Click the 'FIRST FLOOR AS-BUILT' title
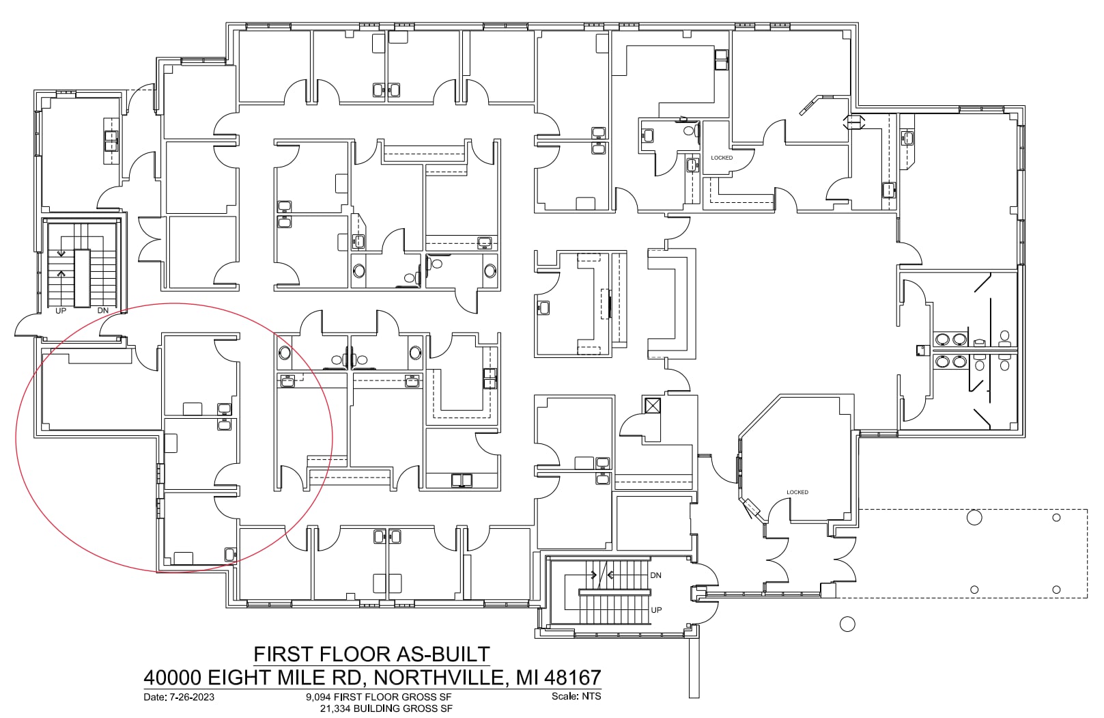[x=371, y=654]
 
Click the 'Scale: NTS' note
[x=576, y=696]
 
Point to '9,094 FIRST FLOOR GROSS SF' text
[x=378, y=698]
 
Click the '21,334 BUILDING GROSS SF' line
[x=386, y=708]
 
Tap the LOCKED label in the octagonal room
[x=797, y=492]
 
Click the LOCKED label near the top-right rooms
[x=721, y=158]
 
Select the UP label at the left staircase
[x=61, y=311]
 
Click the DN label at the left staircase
[x=103, y=311]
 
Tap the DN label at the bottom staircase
[x=655, y=575]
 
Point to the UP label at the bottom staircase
[x=656, y=609]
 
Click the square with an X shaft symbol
[x=653, y=406]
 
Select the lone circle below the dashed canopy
[x=847, y=623]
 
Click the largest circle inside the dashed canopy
[x=974, y=517]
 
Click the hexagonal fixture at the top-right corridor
[x=855, y=122]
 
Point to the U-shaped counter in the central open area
[x=670, y=304]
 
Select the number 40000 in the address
[x=172, y=678]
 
